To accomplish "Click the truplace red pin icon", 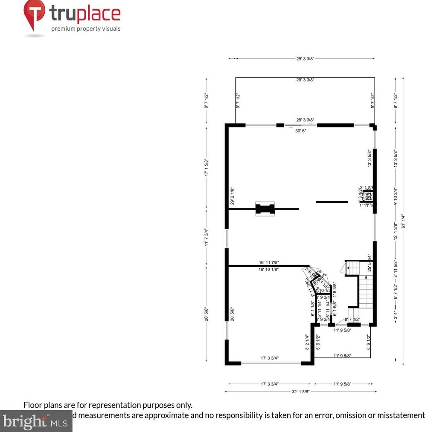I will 35,13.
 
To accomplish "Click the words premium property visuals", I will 86,29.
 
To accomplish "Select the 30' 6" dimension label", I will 301,131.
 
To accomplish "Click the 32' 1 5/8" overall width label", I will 300,392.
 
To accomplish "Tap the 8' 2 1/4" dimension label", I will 307,342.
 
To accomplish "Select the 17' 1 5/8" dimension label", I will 207,168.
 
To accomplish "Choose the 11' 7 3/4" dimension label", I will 207,237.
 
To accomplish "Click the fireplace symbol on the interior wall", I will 265,209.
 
